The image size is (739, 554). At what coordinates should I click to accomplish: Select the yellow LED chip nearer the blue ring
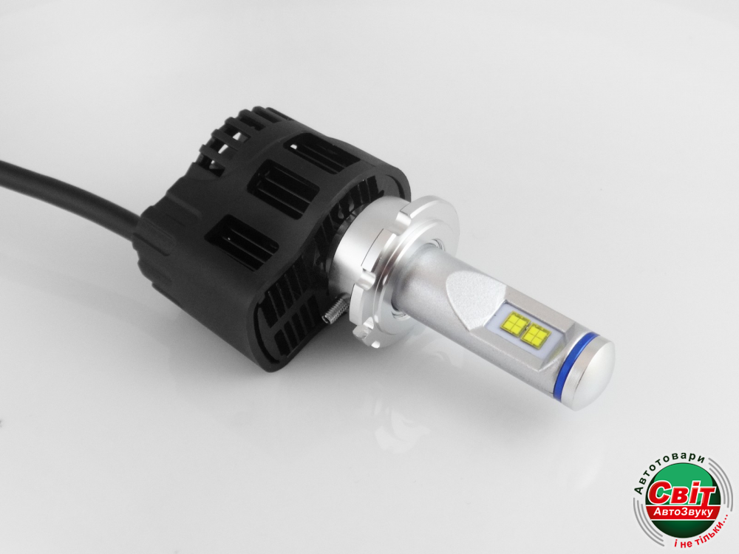click(537, 335)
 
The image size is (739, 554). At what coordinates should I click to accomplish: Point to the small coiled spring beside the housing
click(334, 315)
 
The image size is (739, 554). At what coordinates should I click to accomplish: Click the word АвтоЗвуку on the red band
click(687, 513)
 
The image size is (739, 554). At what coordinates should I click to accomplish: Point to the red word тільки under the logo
click(704, 534)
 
